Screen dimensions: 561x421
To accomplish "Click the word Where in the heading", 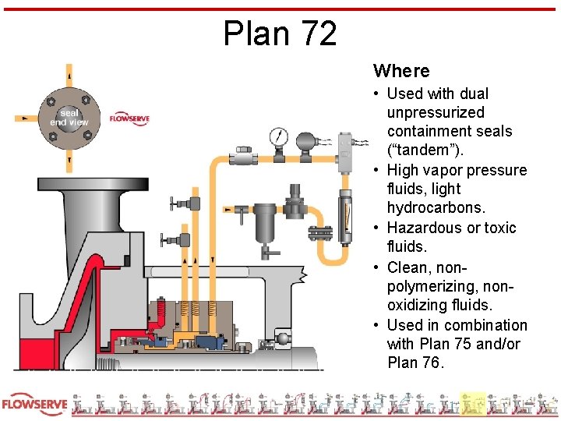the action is pos(401,71).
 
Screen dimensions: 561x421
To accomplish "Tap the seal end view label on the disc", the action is pos(69,118).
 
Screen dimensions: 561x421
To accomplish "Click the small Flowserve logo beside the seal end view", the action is pos(129,119).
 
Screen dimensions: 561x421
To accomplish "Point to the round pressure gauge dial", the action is pos(277,138).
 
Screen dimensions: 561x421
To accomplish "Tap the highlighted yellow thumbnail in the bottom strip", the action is pos(472,404).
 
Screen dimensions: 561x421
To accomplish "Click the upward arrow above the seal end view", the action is pos(69,76).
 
